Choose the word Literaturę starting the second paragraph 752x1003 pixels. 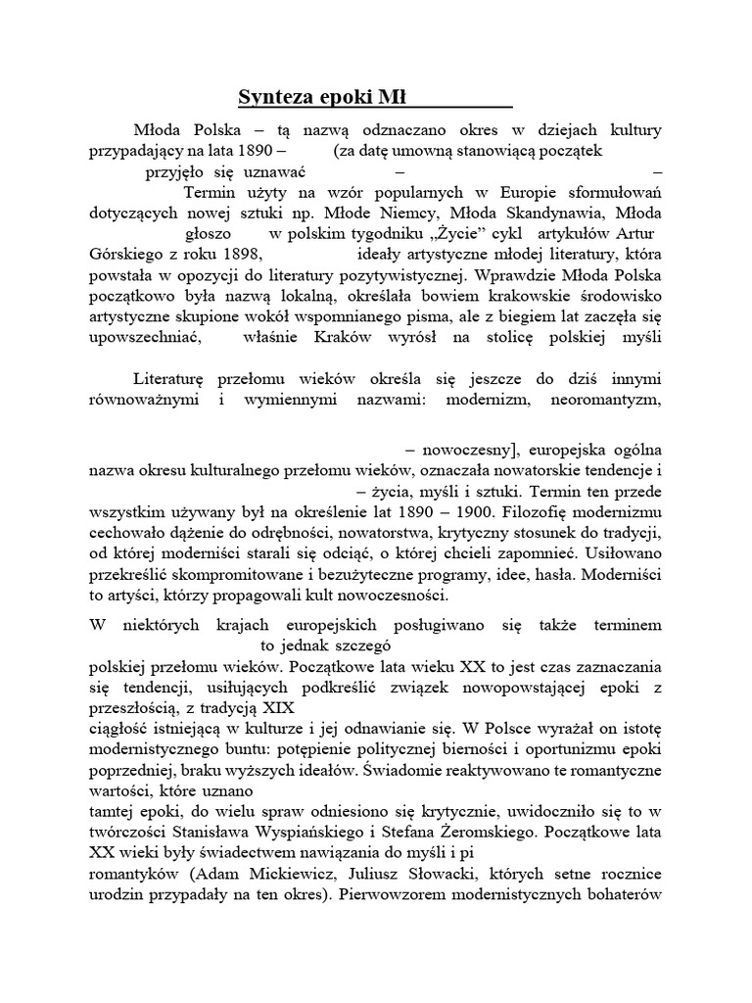point(174,379)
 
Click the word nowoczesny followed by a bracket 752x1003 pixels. point(468,451)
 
